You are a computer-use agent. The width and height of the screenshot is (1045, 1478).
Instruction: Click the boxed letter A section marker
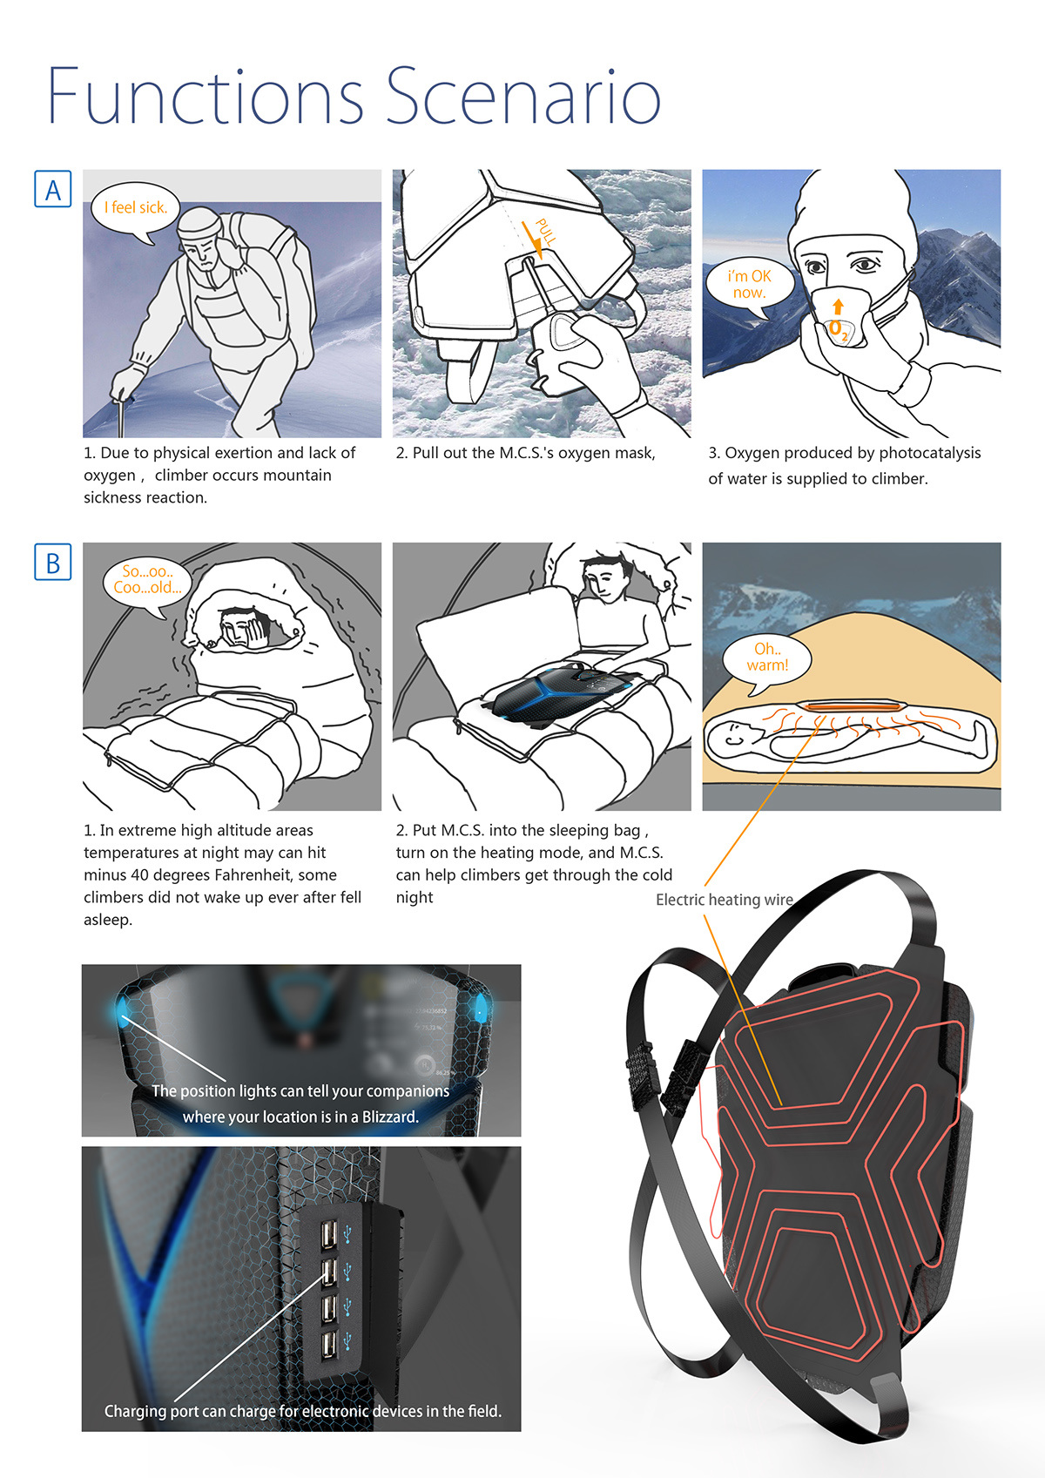pos(52,189)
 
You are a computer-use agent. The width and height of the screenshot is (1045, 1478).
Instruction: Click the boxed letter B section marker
pos(52,563)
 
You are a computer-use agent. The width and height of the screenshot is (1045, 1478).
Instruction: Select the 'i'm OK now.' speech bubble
pos(750,284)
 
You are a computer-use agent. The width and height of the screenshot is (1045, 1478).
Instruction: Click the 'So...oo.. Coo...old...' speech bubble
pos(146,580)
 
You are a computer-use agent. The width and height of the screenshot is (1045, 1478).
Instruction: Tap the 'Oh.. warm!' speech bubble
pos(767,658)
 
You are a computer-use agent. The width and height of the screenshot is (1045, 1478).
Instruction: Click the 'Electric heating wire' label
pos(724,900)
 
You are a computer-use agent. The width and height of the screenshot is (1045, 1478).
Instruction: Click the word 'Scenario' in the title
pos(522,96)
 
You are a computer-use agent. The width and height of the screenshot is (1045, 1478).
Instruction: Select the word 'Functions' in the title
pos(206,96)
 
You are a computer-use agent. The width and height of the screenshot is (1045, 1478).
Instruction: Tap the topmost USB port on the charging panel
pos(329,1235)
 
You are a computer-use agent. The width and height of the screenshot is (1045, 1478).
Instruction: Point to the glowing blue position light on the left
pos(122,1010)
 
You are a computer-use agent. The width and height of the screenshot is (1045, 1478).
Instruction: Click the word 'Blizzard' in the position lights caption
pos(390,1117)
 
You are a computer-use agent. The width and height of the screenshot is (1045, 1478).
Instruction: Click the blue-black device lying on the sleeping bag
pos(557,692)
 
